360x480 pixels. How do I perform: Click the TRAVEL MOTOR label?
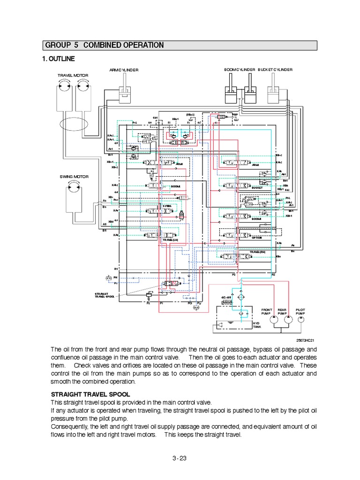(73, 75)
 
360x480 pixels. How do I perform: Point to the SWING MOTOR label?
(74, 177)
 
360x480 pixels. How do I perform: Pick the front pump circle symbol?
(267, 319)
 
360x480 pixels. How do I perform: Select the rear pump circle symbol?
(283, 319)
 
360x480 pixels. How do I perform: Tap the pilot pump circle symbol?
(300, 319)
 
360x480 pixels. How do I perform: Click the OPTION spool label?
(257, 237)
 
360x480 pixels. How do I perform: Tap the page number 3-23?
(180, 458)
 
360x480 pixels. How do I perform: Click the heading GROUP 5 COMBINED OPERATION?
(104, 45)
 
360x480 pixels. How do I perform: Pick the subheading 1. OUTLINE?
(59, 59)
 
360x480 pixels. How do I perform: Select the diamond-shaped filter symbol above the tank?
(240, 298)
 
